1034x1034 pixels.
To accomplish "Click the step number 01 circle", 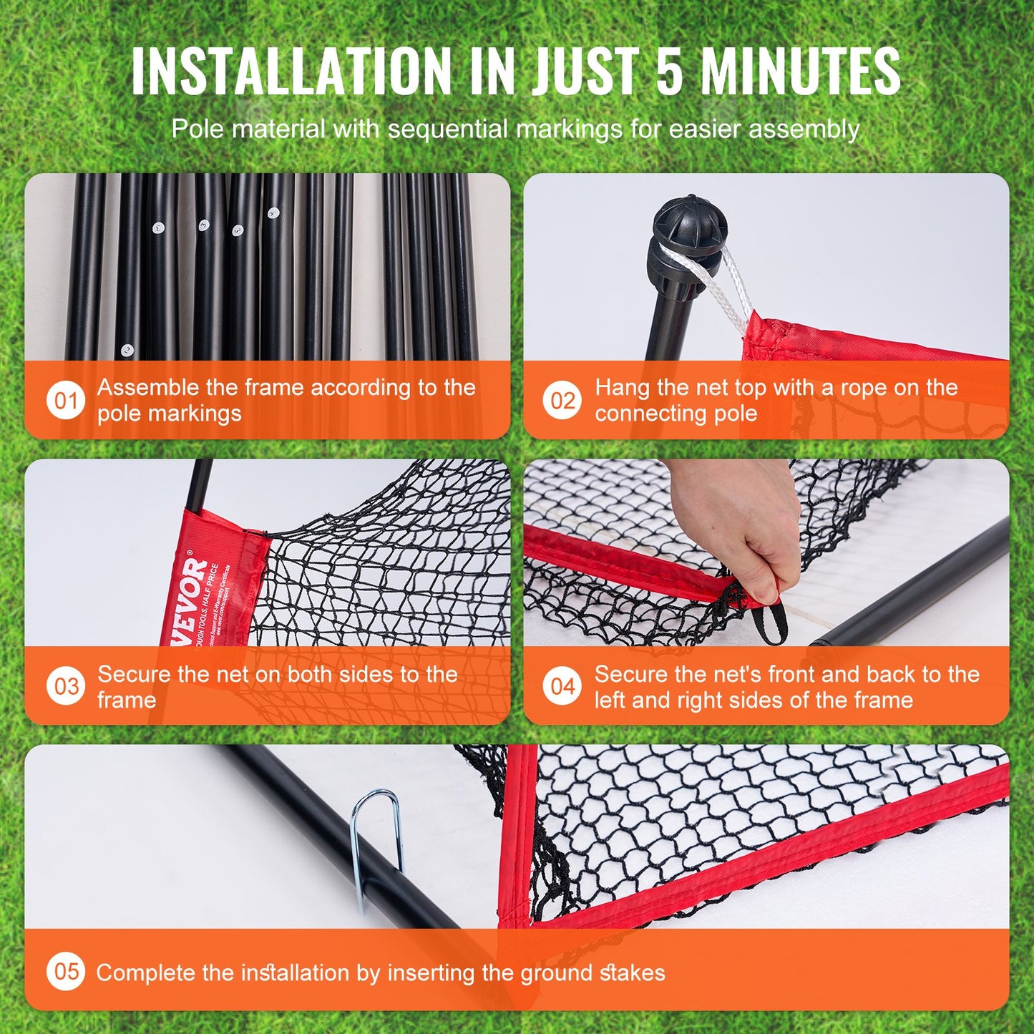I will coord(66,400).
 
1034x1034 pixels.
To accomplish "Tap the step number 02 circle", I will coord(562,400).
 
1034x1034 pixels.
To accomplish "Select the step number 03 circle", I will coord(66,686).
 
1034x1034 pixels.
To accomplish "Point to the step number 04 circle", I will coord(562,686).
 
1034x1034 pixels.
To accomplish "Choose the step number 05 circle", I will coord(66,971).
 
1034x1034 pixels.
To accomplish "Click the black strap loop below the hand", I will coord(771,623).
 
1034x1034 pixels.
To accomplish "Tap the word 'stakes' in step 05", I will coord(633,972).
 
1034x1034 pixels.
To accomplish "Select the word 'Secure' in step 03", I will coord(134,674).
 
